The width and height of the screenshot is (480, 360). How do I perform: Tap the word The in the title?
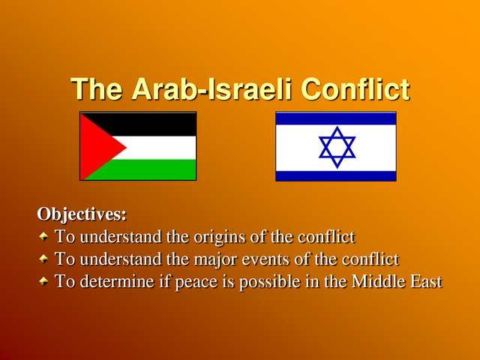click(x=97, y=89)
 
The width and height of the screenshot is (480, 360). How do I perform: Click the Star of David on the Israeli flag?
click(x=337, y=147)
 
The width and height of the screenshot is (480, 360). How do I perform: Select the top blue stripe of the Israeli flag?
click(x=336, y=118)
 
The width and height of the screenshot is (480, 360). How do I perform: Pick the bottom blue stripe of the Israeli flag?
click(x=336, y=175)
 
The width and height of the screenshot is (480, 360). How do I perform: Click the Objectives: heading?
click(x=82, y=214)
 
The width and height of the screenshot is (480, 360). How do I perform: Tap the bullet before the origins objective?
click(x=43, y=237)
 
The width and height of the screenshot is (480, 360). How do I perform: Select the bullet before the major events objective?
click(x=43, y=259)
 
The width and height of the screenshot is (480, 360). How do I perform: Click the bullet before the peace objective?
click(x=43, y=282)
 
